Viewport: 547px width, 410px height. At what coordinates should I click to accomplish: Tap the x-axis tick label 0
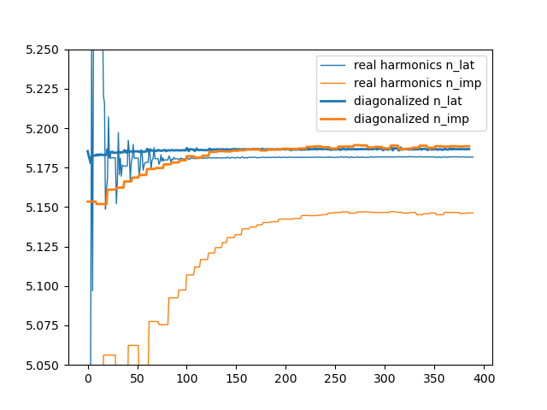(88, 378)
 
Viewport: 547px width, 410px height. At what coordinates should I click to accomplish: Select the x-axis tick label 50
(138, 378)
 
